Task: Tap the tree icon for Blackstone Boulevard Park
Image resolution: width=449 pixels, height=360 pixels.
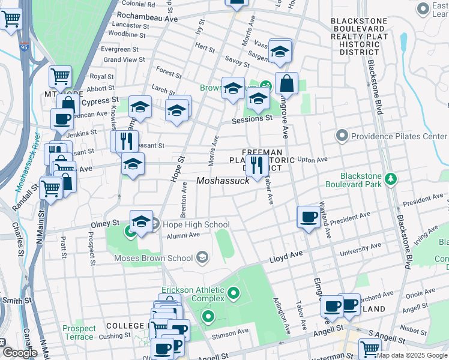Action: tap(391, 179)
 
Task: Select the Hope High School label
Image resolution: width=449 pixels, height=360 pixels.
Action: tap(191, 225)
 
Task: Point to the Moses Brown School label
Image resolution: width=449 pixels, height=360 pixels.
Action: tap(154, 259)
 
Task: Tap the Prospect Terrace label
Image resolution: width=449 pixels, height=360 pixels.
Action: tap(79, 332)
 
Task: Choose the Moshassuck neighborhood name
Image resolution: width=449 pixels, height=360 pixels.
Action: tap(223, 181)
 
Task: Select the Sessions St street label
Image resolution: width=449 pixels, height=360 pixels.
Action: tap(253, 119)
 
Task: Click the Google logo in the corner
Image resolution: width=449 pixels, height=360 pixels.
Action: tap(19, 353)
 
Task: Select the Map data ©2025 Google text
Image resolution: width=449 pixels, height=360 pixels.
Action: tap(412, 355)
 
